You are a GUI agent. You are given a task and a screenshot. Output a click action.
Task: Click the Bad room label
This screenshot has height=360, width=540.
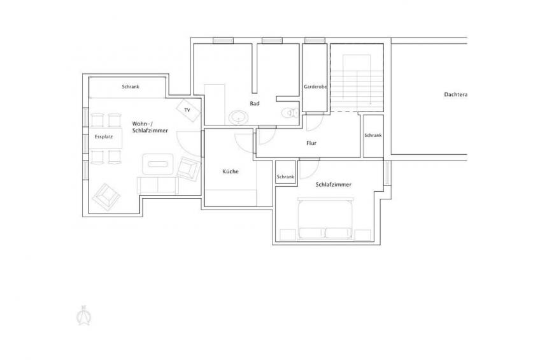pyautogui.click(x=255, y=103)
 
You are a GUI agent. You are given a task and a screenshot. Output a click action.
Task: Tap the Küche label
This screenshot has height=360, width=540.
pyautogui.click(x=231, y=171)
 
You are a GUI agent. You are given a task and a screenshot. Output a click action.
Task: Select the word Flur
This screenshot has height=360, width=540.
pyautogui.click(x=311, y=143)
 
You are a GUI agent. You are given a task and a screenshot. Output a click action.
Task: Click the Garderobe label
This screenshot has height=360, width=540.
pyautogui.click(x=315, y=87)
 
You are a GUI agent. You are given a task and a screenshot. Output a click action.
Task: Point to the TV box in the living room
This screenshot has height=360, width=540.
pyautogui.click(x=188, y=110)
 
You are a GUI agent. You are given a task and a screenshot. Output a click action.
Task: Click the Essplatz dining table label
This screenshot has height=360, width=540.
pyautogui.click(x=104, y=137)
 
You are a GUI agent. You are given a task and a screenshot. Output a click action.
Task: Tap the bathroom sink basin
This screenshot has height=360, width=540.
pyautogui.click(x=238, y=118)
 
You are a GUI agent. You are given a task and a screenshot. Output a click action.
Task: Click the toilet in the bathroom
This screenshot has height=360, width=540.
pyautogui.click(x=290, y=113)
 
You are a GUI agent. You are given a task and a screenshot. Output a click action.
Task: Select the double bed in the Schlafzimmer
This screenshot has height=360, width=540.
pyautogui.click(x=326, y=219)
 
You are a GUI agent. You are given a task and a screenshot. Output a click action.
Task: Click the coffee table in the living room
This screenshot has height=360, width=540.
pyautogui.click(x=158, y=164)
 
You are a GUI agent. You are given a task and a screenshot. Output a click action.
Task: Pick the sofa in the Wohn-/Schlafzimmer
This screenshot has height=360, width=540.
pyautogui.click(x=158, y=185)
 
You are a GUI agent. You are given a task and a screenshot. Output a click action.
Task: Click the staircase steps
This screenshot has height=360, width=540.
pyautogui.click(x=357, y=87)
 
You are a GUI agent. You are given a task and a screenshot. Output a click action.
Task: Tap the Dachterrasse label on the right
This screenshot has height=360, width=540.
pyautogui.click(x=456, y=94)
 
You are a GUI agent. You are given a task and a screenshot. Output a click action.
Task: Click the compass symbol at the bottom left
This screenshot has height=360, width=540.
pyautogui.click(x=83, y=315)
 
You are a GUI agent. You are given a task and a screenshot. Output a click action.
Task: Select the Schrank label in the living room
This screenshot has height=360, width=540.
pyautogui.click(x=131, y=87)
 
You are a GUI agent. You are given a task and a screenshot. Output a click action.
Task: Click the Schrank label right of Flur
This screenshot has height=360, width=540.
pyautogui.click(x=373, y=135)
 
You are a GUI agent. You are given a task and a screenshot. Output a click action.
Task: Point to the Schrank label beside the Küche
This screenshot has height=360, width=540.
pyautogui.click(x=285, y=176)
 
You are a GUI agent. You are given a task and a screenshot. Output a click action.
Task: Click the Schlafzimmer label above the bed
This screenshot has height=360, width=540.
pyautogui.click(x=334, y=185)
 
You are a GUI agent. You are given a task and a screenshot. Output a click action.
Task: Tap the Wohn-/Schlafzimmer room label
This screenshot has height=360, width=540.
pyautogui.click(x=150, y=127)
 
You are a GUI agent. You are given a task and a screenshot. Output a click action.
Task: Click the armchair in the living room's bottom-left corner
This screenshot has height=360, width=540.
pyautogui.click(x=107, y=197)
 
